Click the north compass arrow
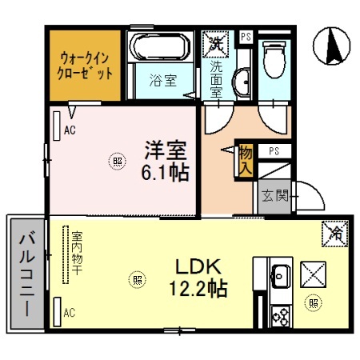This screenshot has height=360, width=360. [333, 46]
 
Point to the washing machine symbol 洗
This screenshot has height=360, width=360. [215, 44]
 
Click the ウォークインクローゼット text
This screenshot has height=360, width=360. [85, 65]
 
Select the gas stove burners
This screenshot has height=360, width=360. [280, 316]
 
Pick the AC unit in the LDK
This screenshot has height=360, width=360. [58, 312]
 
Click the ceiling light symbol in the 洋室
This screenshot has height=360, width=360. [118, 161]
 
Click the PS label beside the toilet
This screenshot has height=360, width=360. [246, 36]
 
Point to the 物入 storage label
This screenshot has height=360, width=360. [246, 160]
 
